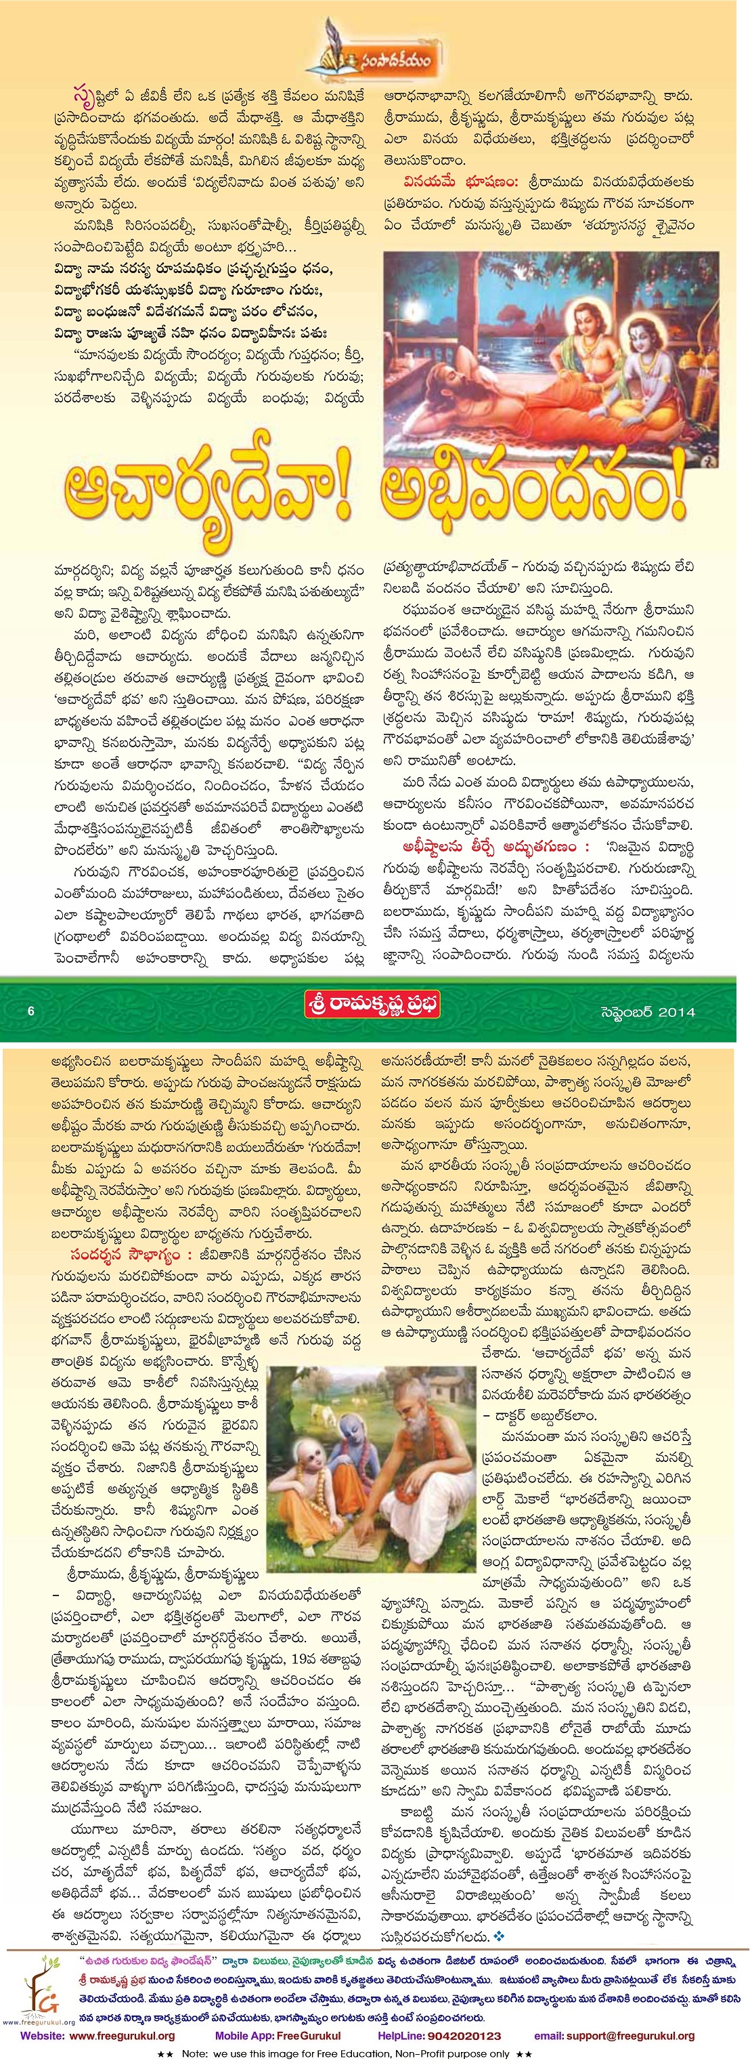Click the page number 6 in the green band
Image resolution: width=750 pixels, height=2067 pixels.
(30, 1012)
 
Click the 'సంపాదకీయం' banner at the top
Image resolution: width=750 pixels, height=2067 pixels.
(373, 56)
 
